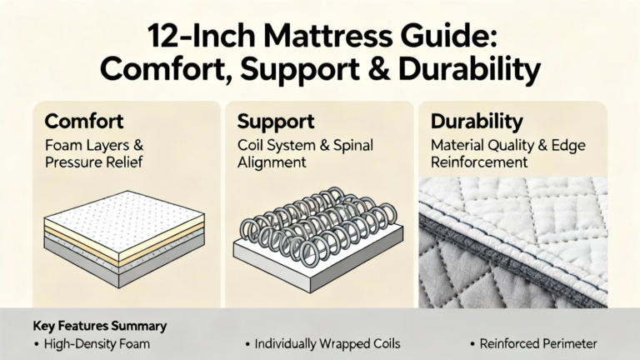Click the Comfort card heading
pyautogui.click(x=84, y=121)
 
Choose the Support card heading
pyautogui.click(x=276, y=121)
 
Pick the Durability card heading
pyautogui.click(x=477, y=121)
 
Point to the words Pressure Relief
pyautogui.click(x=93, y=162)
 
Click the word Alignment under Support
pyautogui.click(x=272, y=162)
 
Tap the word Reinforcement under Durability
pyautogui.click(x=479, y=162)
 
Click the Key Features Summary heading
pyautogui.click(x=100, y=326)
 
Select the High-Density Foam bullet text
pyautogui.click(x=97, y=343)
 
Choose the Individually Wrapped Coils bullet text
pyautogui.click(x=327, y=343)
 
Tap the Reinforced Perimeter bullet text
pyautogui.click(x=538, y=343)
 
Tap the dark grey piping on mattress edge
pyautogui.click(x=510, y=257)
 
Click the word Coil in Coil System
pyautogui.click(x=250, y=145)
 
